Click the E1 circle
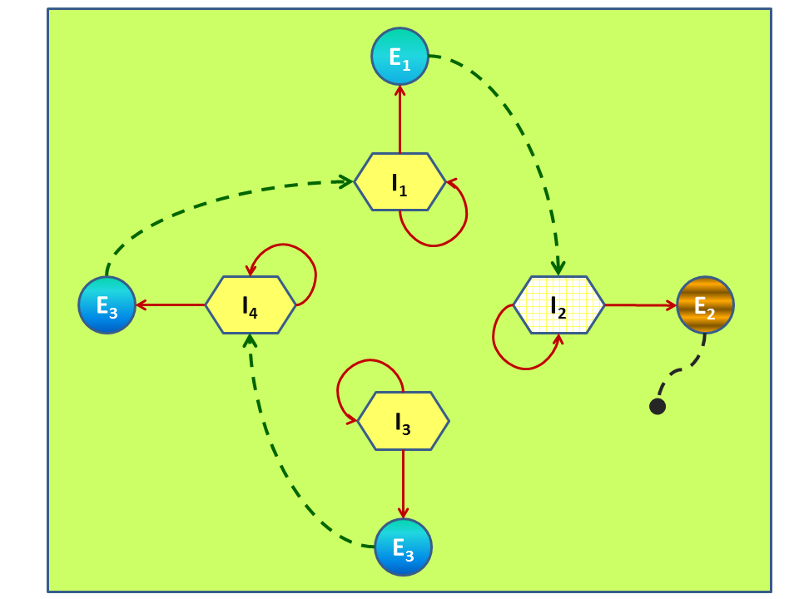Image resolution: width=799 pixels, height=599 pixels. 399,57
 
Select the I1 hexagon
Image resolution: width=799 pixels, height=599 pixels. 399,181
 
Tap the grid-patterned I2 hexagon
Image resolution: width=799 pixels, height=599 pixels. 558,305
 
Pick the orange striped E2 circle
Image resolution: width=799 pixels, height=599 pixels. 705,305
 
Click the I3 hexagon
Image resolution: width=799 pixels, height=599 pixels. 403,421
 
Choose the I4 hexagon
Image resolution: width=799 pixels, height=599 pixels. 251,305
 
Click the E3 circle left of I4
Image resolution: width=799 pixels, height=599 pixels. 107,305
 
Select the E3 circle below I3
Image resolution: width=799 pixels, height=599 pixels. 403,547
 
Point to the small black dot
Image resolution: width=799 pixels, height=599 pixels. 657,407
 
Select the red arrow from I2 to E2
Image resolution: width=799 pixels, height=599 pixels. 639,305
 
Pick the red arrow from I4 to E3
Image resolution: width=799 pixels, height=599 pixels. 171,305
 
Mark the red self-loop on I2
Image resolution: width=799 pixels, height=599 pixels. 504,354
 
